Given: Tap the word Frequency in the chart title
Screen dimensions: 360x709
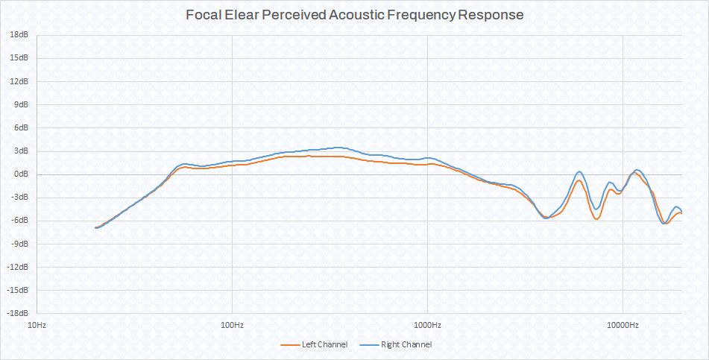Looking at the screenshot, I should click(x=415, y=14).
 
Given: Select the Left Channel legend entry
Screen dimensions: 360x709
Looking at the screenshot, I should click(x=324, y=344).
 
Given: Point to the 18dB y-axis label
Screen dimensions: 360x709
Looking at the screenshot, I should click(x=19, y=35).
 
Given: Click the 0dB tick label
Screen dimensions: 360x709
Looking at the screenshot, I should click(x=22, y=174).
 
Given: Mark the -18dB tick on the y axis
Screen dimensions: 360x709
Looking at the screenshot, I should click(x=18, y=313).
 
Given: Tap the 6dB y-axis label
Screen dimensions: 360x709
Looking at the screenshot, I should click(x=22, y=128).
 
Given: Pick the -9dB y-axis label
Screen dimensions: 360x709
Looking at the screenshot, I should click(x=20, y=244).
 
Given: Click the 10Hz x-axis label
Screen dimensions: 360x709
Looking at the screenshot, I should click(x=37, y=326).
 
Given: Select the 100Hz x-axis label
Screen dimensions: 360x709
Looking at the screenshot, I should click(x=232, y=326).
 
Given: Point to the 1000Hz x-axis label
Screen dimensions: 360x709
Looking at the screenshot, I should click(x=427, y=326).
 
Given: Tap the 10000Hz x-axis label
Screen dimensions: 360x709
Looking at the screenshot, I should click(x=623, y=326).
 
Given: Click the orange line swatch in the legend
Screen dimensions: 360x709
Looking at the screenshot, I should click(x=289, y=344).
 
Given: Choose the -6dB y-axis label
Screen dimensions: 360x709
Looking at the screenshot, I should click(x=20, y=221).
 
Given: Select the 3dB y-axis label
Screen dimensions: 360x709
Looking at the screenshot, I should click(x=22, y=151).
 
